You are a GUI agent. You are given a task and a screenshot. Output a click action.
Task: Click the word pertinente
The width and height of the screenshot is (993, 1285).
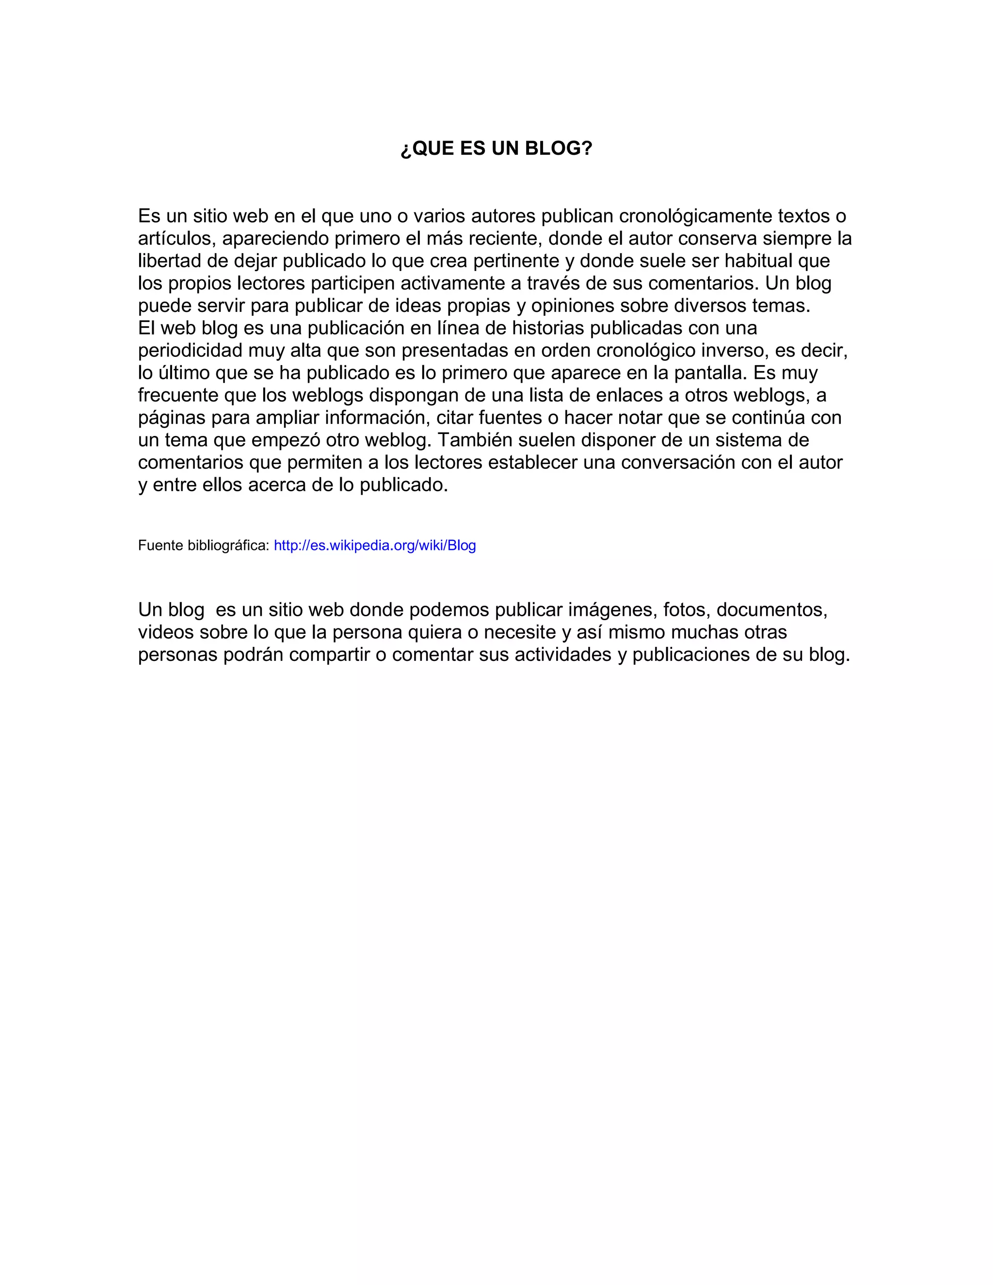[x=516, y=261]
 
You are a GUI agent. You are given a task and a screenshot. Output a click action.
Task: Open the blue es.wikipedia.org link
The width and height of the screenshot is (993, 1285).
[x=375, y=546]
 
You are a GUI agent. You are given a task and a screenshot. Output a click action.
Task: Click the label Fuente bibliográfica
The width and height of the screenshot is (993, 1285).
[x=204, y=546]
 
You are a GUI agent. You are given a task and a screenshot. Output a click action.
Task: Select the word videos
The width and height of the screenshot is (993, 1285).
[x=166, y=632]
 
